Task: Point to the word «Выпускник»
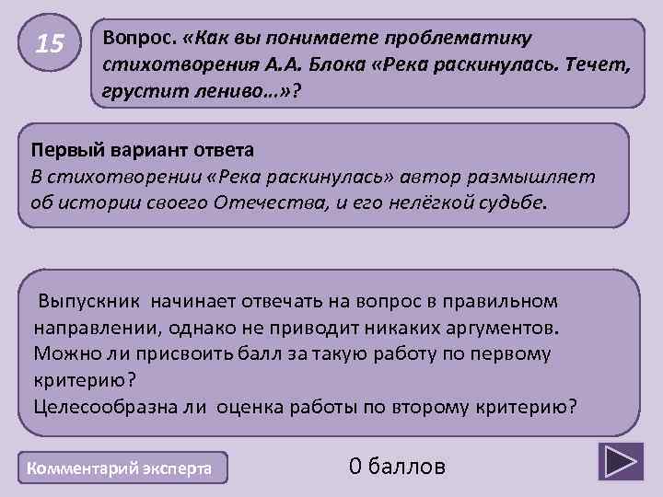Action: click(87, 302)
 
